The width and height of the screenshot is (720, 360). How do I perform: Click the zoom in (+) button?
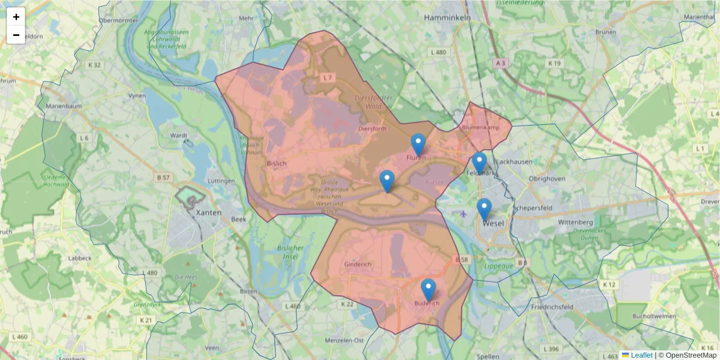click(x=16, y=17)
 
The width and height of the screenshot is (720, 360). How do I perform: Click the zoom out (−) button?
click(x=16, y=35)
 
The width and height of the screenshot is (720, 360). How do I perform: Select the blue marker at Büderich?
click(x=428, y=290)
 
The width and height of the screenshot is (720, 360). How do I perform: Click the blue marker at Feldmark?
click(x=479, y=163)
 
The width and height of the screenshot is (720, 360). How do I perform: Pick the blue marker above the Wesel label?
click(x=484, y=209)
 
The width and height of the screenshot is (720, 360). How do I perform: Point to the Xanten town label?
click(x=209, y=212)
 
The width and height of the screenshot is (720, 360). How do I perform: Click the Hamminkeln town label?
click(x=446, y=18)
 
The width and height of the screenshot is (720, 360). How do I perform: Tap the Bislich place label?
click(x=277, y=163)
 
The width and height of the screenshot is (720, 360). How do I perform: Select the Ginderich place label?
click(x=358, y=264)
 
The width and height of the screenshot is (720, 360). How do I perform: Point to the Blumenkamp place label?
click(x=481, y=128)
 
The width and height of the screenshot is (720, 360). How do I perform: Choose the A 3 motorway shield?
click(x=500, y=62)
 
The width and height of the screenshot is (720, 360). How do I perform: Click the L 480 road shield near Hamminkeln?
click(x=439, y=53)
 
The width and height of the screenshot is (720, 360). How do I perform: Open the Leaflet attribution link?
click(x=641, y=355)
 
